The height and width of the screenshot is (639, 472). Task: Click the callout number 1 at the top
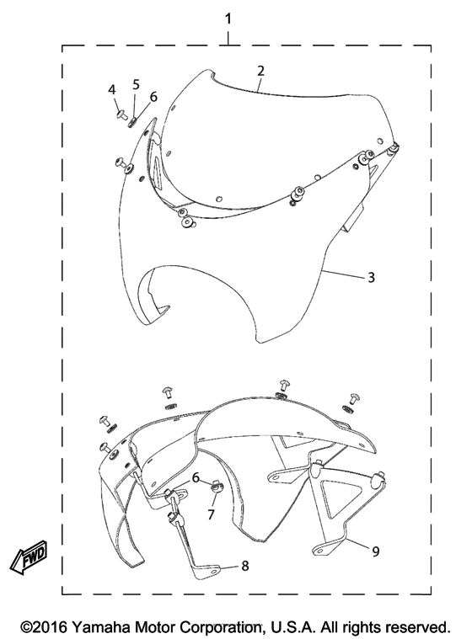tap(228, 19)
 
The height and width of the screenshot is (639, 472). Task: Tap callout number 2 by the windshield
tap(260, 71)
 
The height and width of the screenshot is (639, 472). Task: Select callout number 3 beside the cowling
tap(371, 277)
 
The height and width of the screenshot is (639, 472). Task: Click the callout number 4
tap(112, 89)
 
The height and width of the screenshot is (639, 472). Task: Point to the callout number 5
tap(136, 84)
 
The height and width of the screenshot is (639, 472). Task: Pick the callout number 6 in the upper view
tap(153, 97)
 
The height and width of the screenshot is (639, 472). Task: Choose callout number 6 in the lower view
tap(196, 477)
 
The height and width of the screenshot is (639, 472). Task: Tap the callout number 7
tap(211, 514)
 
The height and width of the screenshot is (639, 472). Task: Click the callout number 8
tap(244, 566)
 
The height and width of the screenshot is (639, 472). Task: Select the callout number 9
tap(375, 551)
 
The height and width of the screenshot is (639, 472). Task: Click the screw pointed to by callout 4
tap(121, 115)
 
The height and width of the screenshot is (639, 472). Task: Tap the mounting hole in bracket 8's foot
tap(213, 572)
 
